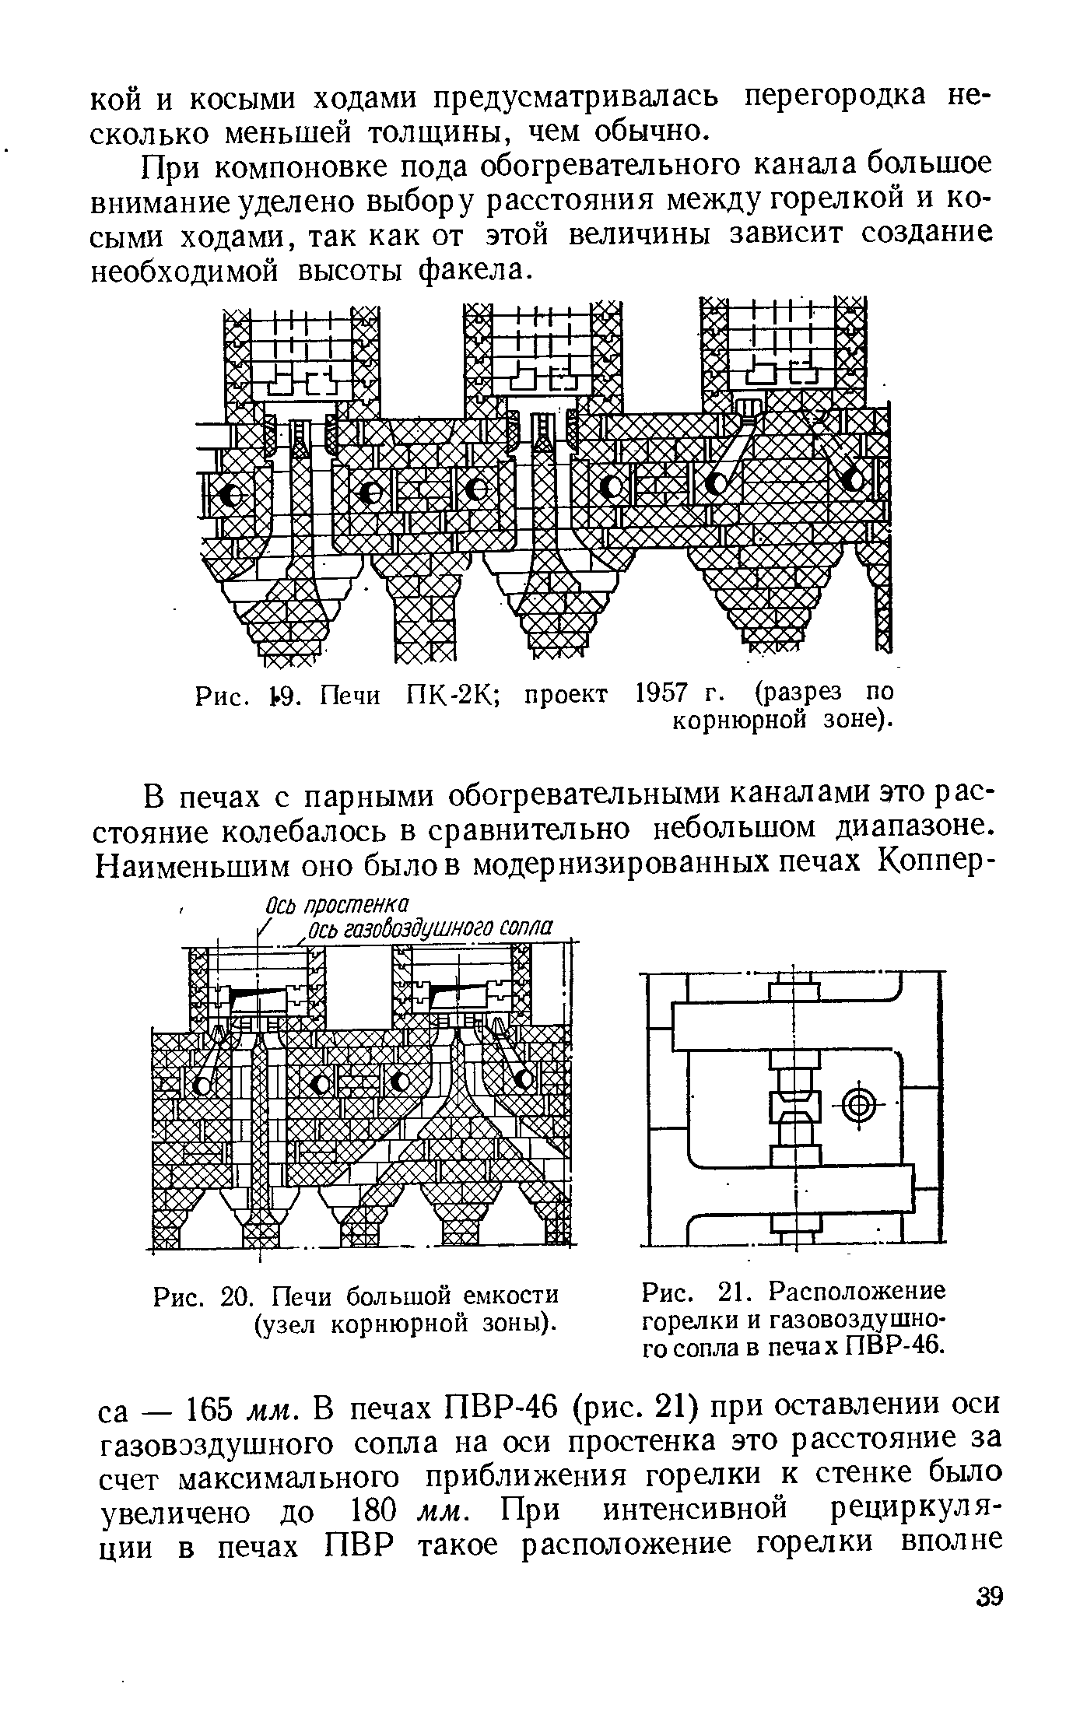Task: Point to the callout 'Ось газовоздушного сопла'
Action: [x=430, y=928]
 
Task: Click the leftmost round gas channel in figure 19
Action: [x=230, y=494]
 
